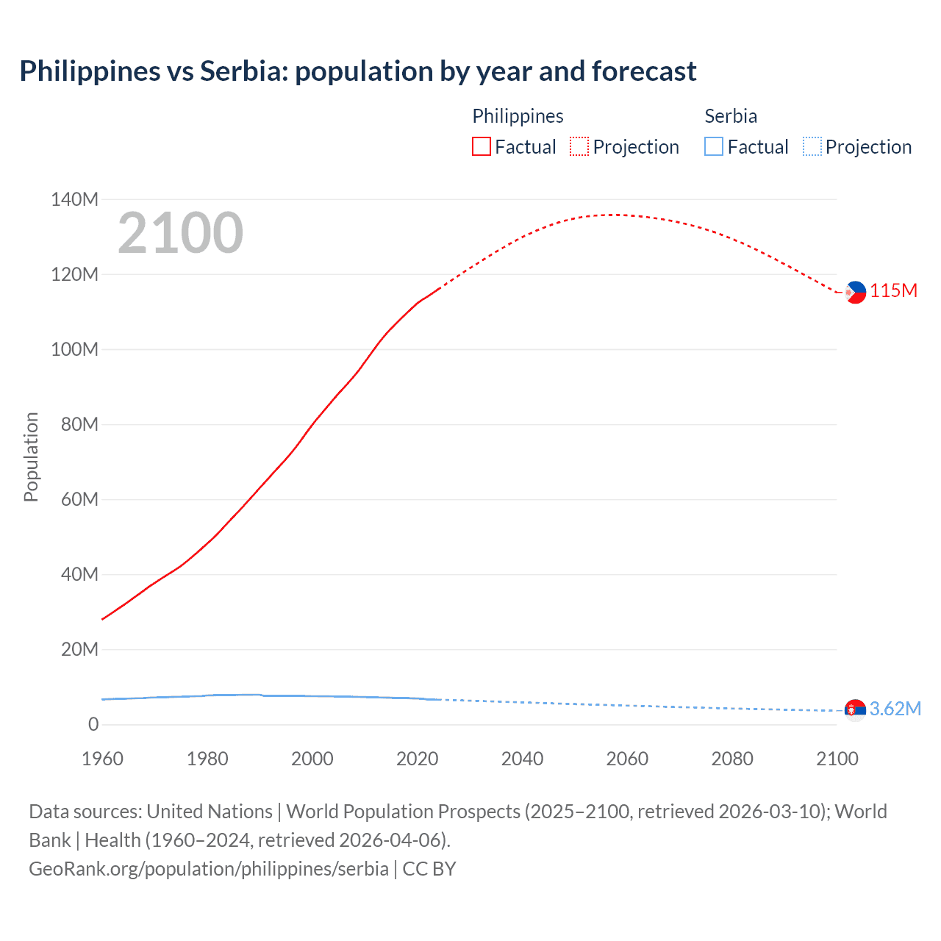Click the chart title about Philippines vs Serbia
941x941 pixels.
pyautogui.click(x=357, y=71)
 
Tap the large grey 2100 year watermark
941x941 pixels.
pyautogui.click(x=180, y=233)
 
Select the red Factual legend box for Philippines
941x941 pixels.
pyautogui.click(x=481, y=146)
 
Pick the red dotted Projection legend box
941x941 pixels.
pyautogui.click(x=579, y=146)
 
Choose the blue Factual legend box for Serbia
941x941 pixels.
pyautogui.click(x=713, y=146)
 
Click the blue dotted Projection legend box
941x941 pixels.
pyautogui.click(x=812, y=146)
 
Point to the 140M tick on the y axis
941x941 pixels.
pyautogui.click(x=74, y=199)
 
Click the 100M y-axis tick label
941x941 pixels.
pyautogui.click(x=74, y=349)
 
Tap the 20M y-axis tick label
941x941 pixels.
pyautogui.click(x=79, y=649)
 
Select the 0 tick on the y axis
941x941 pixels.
pyautogui.click(x=93, y=724)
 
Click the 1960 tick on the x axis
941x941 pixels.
pyautogui.click(x=102, y=759)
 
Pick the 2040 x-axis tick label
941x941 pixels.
pyautogui.click(x=522, y=759)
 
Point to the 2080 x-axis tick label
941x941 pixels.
pyautogui.click(x=732, y=759)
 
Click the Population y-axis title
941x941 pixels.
pyautogui.click(x=31, y=457)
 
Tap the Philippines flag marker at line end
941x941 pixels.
pyautogui.click(x=855, y=292)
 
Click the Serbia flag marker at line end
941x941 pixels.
pyautogui.click(x=855, y=709)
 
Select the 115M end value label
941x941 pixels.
pyautogui.click(x=894, y=290)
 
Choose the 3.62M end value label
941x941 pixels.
pyautogui.click(x=895, y=709)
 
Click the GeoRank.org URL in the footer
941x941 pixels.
pyautogui.click(x=209, y=868)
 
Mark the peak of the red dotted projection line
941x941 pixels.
pyautogui.click(x=615, y=215)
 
